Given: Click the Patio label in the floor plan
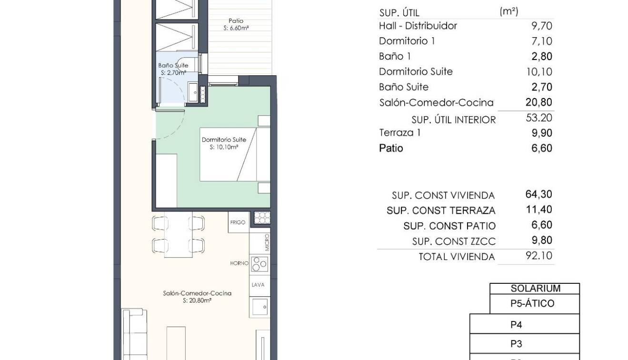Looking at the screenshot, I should point(236,21).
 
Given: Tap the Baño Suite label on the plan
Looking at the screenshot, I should point(173,66).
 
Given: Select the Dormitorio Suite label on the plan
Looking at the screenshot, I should point(224,140).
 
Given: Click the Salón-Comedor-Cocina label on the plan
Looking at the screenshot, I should point(197,293).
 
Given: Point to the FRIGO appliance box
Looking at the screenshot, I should point(238,222).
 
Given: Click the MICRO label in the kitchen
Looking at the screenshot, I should point(267,242).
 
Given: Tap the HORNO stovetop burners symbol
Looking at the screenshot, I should point(259,263).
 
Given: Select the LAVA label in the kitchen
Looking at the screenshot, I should point(258,285).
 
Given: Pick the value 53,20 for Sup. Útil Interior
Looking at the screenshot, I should point(539,118).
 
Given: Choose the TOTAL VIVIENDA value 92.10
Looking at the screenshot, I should point(539,256).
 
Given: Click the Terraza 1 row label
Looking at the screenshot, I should point(400,133).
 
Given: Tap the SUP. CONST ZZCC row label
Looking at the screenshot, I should point(454,241).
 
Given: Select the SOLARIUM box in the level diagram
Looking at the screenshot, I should point(535,289).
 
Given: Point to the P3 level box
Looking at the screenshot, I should point(516,344).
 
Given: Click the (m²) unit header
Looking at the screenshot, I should point(509,11).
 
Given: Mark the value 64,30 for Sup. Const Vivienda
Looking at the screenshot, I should point(539,194).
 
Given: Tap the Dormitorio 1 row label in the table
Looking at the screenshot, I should point(407,41).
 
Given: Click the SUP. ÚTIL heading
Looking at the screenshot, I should point(399,13).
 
